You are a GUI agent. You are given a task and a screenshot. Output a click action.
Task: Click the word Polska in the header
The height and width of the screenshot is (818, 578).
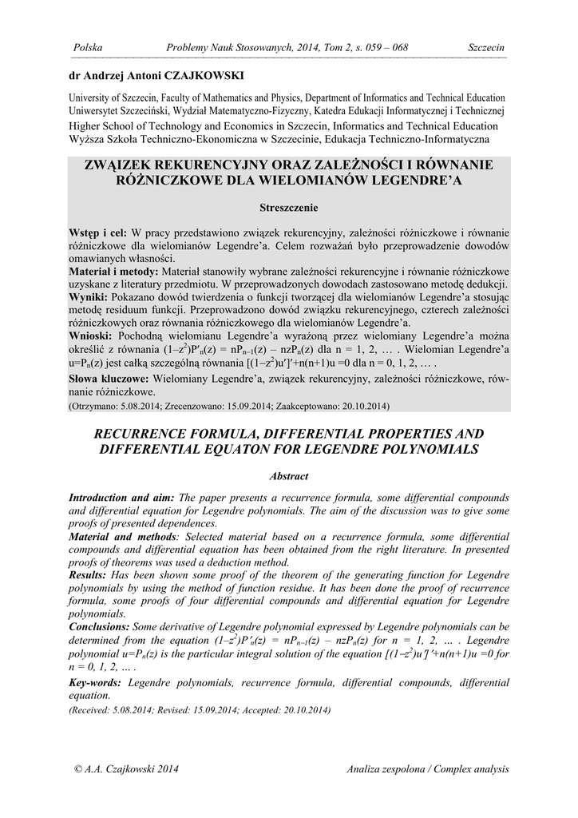pyautogui.click(x=88, y=48)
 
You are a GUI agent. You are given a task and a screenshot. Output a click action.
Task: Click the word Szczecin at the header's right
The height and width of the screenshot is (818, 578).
pyautogui.click(x=486, y=48)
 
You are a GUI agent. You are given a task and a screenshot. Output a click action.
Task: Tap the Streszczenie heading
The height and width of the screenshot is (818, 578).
pyautogui.click(x=289, y=208)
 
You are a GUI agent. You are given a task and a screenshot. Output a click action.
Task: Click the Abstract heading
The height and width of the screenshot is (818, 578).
pyautogui.click(x=289, y=476)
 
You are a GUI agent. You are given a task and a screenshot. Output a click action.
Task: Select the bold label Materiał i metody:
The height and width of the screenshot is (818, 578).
pyautogui.click(x=114, y=272)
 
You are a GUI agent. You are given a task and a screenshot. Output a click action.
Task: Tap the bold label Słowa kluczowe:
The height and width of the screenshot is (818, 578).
pyautogui.click(x=111, y=379)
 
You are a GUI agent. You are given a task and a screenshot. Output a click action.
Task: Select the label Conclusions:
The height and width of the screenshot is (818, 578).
pyautogui.click(x=100, y=627)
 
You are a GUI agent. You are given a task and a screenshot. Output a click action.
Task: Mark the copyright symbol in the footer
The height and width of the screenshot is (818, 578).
pyautogui.click(x=77, y=768)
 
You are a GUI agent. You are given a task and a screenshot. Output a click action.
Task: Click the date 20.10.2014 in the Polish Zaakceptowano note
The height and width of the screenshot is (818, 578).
pyautogui.click(x=365, y=407)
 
